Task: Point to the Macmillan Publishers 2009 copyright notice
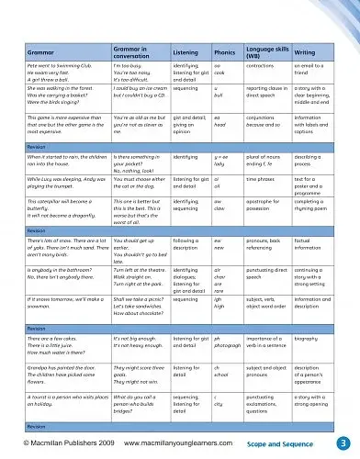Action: tap(57, 443)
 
